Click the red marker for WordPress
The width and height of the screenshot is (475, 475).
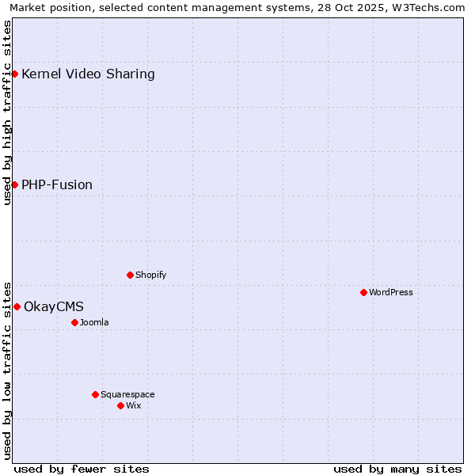tap(363, 292)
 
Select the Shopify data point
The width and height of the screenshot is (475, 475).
tap(130, 275)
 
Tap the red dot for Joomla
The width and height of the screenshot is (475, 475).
tap(74, 322)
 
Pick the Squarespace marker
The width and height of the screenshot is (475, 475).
tap(95, 394)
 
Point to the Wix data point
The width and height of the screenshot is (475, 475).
tap(120, 405)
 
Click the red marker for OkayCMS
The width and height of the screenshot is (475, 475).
tap(17, 306)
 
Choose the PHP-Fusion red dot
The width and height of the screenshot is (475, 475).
tap(14, 184)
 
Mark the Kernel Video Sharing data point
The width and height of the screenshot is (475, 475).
tap(14, 74)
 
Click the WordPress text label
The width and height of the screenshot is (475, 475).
tap(391, 292)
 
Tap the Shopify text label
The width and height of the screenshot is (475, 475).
tap(150, 275)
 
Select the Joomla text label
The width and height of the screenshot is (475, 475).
tap(94, 322)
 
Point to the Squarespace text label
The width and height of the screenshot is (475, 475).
tap(127, 394)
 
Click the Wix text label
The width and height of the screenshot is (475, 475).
tap(134, 405)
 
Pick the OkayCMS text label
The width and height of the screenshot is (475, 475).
tap(54, 306)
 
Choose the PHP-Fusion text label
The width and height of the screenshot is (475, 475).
tap(57, 184)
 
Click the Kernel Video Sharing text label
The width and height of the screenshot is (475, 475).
tap(88, 74)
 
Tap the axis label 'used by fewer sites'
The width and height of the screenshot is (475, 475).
tap(82, 469)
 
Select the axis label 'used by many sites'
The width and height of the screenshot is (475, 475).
tap(397, 469)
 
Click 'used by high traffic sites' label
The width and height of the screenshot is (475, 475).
tap(8, 112)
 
